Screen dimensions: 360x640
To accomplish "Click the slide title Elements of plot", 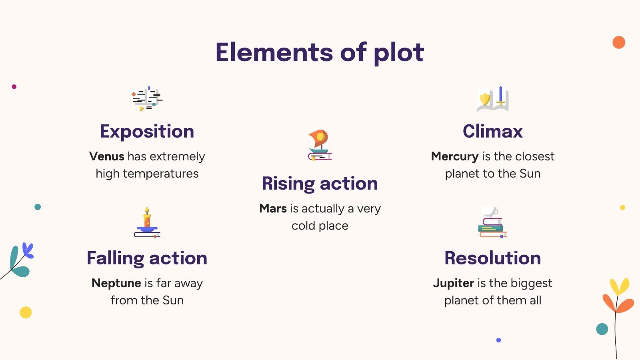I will (320, 52).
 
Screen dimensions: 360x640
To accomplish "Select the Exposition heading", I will (147, 131).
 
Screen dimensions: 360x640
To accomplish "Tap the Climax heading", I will (492, 131).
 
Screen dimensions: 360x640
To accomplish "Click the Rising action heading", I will (320, 184).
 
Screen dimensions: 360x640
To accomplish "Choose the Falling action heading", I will (147, 258).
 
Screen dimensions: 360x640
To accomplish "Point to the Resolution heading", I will (492, 258).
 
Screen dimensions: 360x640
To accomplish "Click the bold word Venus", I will (107, 156).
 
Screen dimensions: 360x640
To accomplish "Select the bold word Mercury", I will (454, 156).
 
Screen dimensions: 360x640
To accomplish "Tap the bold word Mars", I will (273, 208).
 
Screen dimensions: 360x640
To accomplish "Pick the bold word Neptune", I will (116, 283).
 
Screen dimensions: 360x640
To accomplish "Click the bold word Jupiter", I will (454, 283).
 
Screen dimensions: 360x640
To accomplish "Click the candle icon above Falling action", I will (147, 223).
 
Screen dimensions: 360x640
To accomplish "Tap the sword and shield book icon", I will (493, 99).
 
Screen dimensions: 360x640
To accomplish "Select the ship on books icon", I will (320, 145).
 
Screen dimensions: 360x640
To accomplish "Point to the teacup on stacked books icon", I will (492, 222).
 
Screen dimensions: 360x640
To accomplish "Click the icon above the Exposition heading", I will (147, 98).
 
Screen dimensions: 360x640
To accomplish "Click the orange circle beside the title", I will (618, 42).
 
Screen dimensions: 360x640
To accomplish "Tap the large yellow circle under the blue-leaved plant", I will (26, 312).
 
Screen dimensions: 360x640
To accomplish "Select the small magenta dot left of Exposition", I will (14, 86).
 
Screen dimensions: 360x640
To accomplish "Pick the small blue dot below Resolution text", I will (498, 340).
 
